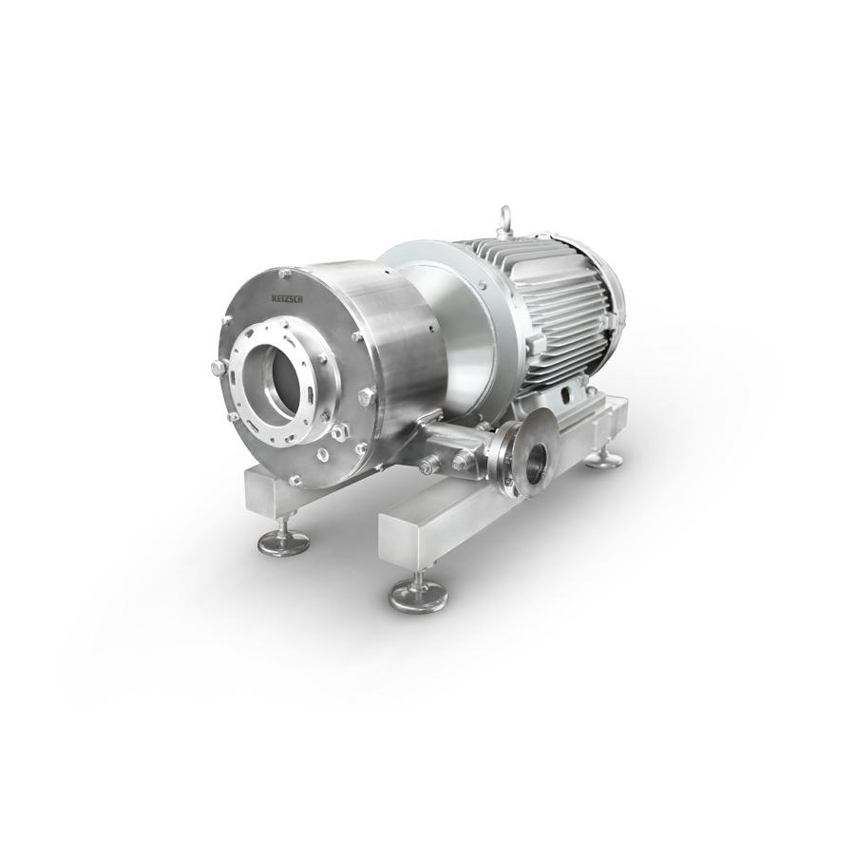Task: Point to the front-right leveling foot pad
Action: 417,595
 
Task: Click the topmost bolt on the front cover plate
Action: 282,272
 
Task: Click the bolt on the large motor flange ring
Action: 482,283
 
